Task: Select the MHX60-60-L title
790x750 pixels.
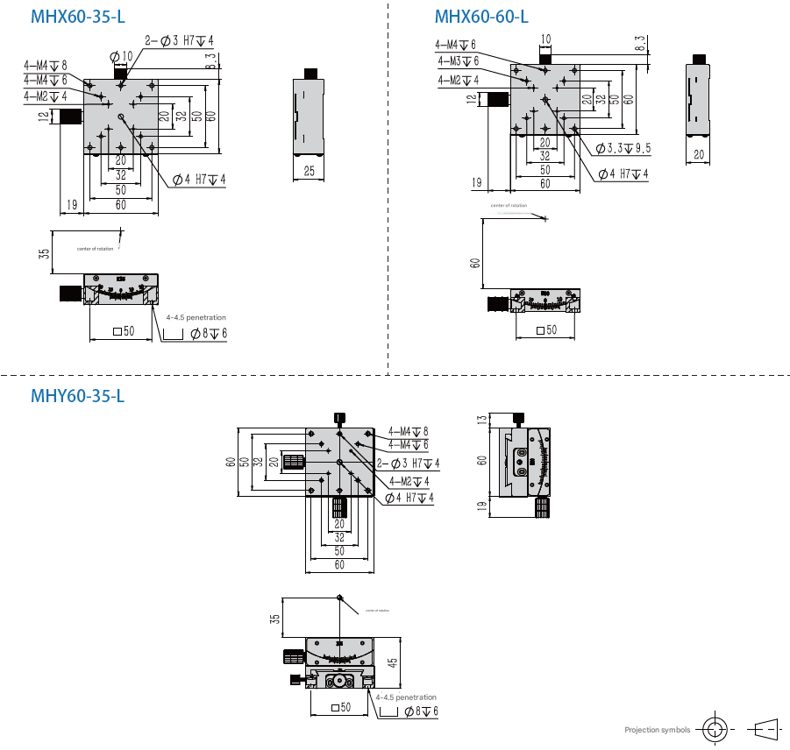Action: coord(481,17)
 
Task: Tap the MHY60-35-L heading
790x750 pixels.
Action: coord(78,396)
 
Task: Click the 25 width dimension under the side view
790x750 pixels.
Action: coord(309,171)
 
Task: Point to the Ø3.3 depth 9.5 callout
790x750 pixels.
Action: coord(623,148)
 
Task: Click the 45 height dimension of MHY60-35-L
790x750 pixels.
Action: coord(393,663)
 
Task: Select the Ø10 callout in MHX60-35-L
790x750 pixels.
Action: coord(121,56)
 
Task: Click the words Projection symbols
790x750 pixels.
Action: coord(658,730)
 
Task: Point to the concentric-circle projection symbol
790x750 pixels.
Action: coord(716,729)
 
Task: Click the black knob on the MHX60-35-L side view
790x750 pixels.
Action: coord(309,73)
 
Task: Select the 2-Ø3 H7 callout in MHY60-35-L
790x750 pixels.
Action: coord(409,463)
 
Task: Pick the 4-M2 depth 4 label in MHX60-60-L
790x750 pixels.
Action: coord(458,81)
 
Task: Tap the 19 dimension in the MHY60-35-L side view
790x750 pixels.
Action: coord(480,505)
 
